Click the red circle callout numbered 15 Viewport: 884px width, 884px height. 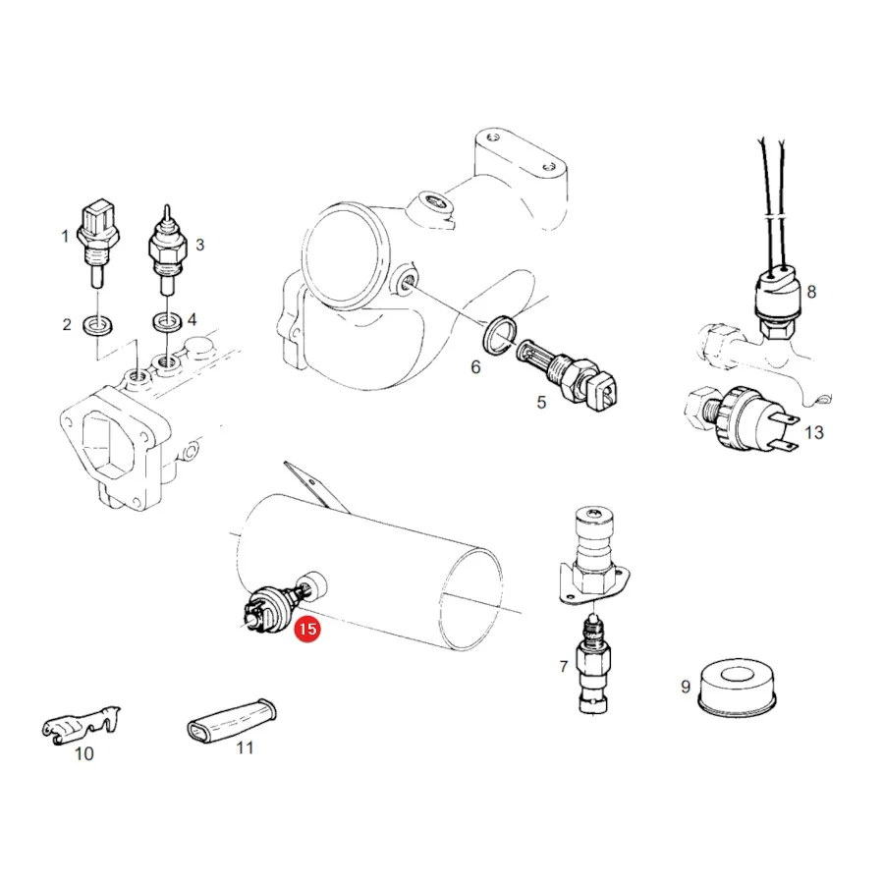coord(307,629)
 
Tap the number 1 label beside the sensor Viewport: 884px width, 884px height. coord(66,236)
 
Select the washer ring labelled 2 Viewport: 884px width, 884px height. coord(97,326)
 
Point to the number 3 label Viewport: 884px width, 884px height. coord(199,245)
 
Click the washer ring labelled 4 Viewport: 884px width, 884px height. coord(167,322)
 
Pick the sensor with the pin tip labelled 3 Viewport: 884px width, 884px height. coord(167,249)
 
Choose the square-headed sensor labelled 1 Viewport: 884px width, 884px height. coord(98,243)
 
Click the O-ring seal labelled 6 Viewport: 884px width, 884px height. coord(500,336)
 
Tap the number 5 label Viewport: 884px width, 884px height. coord(541,402)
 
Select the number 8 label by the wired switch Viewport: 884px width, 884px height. coord(811,292)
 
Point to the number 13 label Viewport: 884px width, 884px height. coord(813,432)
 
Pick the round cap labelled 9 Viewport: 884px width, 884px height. coord(737,688)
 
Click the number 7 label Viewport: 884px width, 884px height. coord(563,666)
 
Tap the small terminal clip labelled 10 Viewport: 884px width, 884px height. coord(81,725)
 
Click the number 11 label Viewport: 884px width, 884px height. coord(245,747)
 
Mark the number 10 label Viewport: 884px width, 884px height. coord(84,753)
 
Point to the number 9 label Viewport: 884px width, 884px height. coord(686,687)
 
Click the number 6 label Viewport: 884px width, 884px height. coord(475,367)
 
